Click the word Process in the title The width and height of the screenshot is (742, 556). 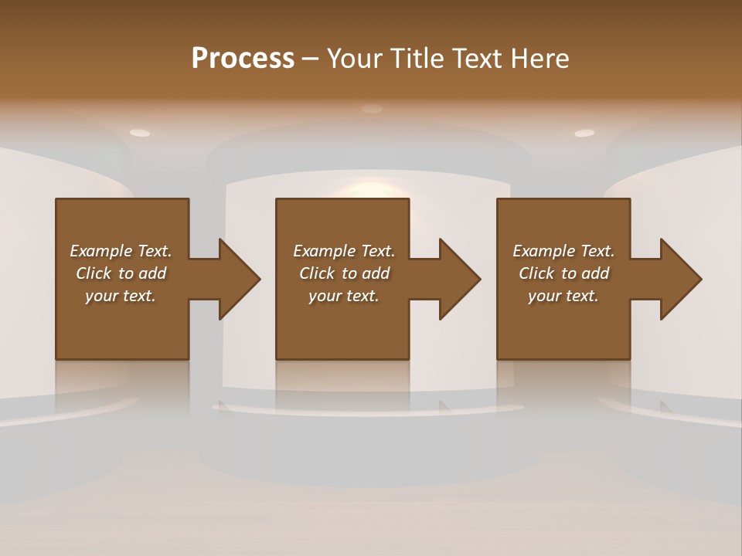pyautogui.click(x=243, y=59)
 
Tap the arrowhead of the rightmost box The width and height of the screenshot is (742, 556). pyautogui.click(x=680, y=279)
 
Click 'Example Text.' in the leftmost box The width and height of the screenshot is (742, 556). pyautogui.click(x=121, y=251)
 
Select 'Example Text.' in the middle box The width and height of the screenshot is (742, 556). pyautogui.click(x=344, y=251)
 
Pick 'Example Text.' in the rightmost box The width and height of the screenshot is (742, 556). pyautogui.click(x=563, y=251)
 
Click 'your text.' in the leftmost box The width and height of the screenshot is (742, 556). pyautogui.click(x=121, y=296)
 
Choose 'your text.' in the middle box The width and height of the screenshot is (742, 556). pyautogui.click(x=344, y=296)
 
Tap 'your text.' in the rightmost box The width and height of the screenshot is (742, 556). pyautogui.click(x=563, y=296)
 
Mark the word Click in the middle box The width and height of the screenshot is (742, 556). pyautogui.click(x=317, y=273)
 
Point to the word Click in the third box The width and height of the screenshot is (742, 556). pyautogui.click(x=536, y=273)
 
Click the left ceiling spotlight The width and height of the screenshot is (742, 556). pyautogui.click(x=140, y=133)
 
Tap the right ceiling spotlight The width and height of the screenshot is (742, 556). pyautogui.click(x=584, y=133)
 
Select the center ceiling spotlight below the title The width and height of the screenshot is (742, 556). pyautogui.click(x=372, y=109)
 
